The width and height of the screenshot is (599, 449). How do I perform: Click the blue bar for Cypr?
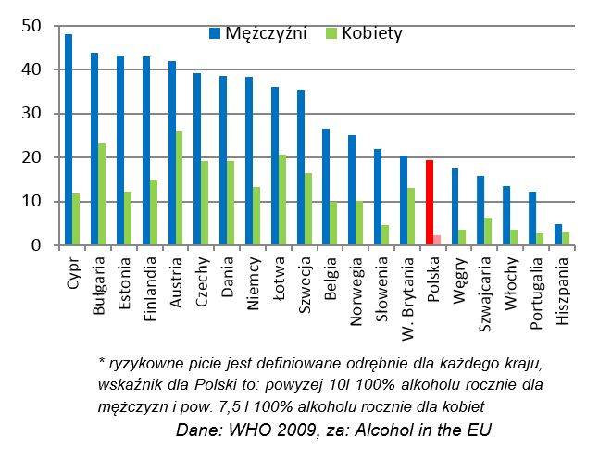point(69,140)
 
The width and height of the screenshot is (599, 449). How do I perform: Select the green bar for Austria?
point(178,188)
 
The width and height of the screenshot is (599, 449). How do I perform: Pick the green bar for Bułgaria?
point(101,194)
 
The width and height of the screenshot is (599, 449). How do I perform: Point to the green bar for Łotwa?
point(281,200)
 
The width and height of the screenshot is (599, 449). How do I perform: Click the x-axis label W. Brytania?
point(408,292)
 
